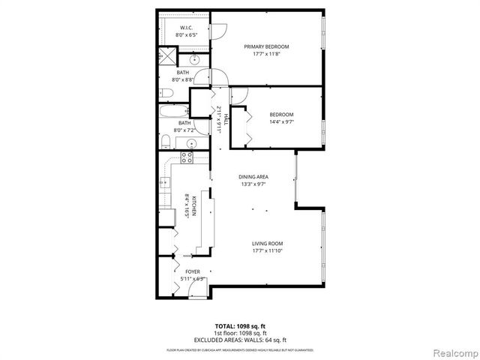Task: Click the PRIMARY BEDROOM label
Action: [x=266, y=46]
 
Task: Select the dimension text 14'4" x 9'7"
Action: [x=281, y=121]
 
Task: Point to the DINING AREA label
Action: [x=253, y=177]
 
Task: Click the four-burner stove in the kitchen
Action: [x=186, y=157]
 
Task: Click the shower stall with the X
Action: [x=166, y=57]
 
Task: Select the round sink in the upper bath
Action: [x=193, y=60]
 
